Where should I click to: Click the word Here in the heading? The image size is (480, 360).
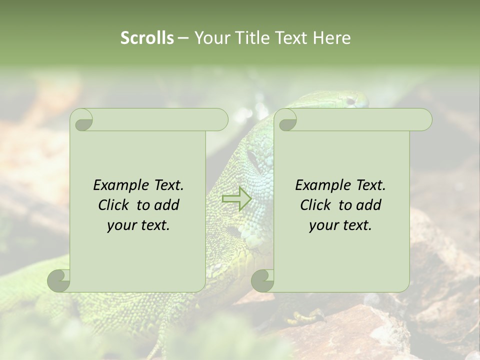tap(331, 38)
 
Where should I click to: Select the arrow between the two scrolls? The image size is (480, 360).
tap(236, 199)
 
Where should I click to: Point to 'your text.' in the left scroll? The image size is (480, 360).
tap(138, 225)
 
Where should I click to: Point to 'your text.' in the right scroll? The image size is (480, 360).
tap(340, 225)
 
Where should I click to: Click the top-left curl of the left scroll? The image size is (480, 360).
tap(82, 120)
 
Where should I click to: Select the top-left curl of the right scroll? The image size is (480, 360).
tap(286, 120)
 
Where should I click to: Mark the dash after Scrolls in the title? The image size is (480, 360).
tap(183, 38)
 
